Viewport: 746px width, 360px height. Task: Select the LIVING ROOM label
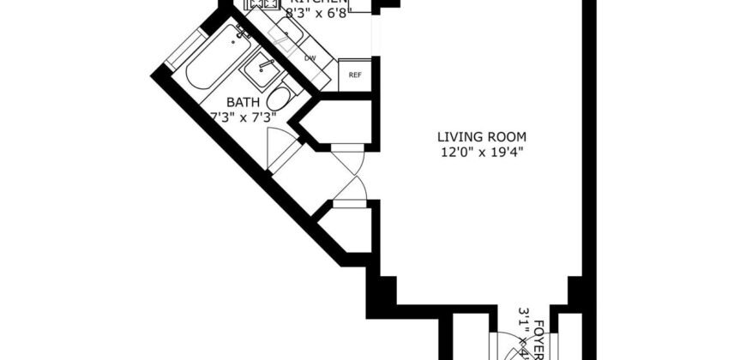[x=481, y=136]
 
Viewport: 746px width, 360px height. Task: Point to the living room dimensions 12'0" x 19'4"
[x=481, y=153]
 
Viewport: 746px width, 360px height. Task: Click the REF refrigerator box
[x=355, y=75]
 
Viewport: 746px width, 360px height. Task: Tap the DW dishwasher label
[x=310, y=58]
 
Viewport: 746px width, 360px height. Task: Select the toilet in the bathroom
[x=278, y=97]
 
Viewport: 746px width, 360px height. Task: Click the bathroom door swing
[x=278, y=151]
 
